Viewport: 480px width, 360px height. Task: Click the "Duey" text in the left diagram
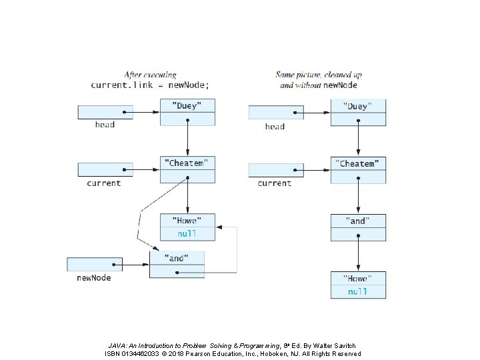tap(187, 106)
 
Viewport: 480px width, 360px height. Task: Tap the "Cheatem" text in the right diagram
tap(357, 164)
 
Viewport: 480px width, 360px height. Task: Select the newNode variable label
tap(94, 277)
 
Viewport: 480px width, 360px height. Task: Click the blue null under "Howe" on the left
tap(187, 234)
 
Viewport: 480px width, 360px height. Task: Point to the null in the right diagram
tap(357, 292)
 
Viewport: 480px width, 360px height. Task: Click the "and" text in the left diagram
tap(176, 259)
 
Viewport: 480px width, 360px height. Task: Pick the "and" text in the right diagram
tap(357, 221)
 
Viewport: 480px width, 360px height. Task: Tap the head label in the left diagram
tap(105, 125)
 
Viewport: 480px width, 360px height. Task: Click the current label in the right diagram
tap(274, 183)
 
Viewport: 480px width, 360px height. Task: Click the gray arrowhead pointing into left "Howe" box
tap(219, 227)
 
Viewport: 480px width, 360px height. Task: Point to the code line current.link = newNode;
tap(150, 85)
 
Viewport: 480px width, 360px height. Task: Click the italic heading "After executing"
tap(150, 75)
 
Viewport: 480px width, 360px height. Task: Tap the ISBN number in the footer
tap(140, 353)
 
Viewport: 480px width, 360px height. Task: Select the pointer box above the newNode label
tap(95, 265)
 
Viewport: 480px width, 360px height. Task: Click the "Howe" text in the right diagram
tap(357, 279)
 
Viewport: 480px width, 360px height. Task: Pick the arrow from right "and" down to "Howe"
tap(358, 253)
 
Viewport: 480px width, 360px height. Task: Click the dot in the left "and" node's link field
tap(177, 273)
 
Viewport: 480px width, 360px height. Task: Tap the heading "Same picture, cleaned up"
tap(319, 75)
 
